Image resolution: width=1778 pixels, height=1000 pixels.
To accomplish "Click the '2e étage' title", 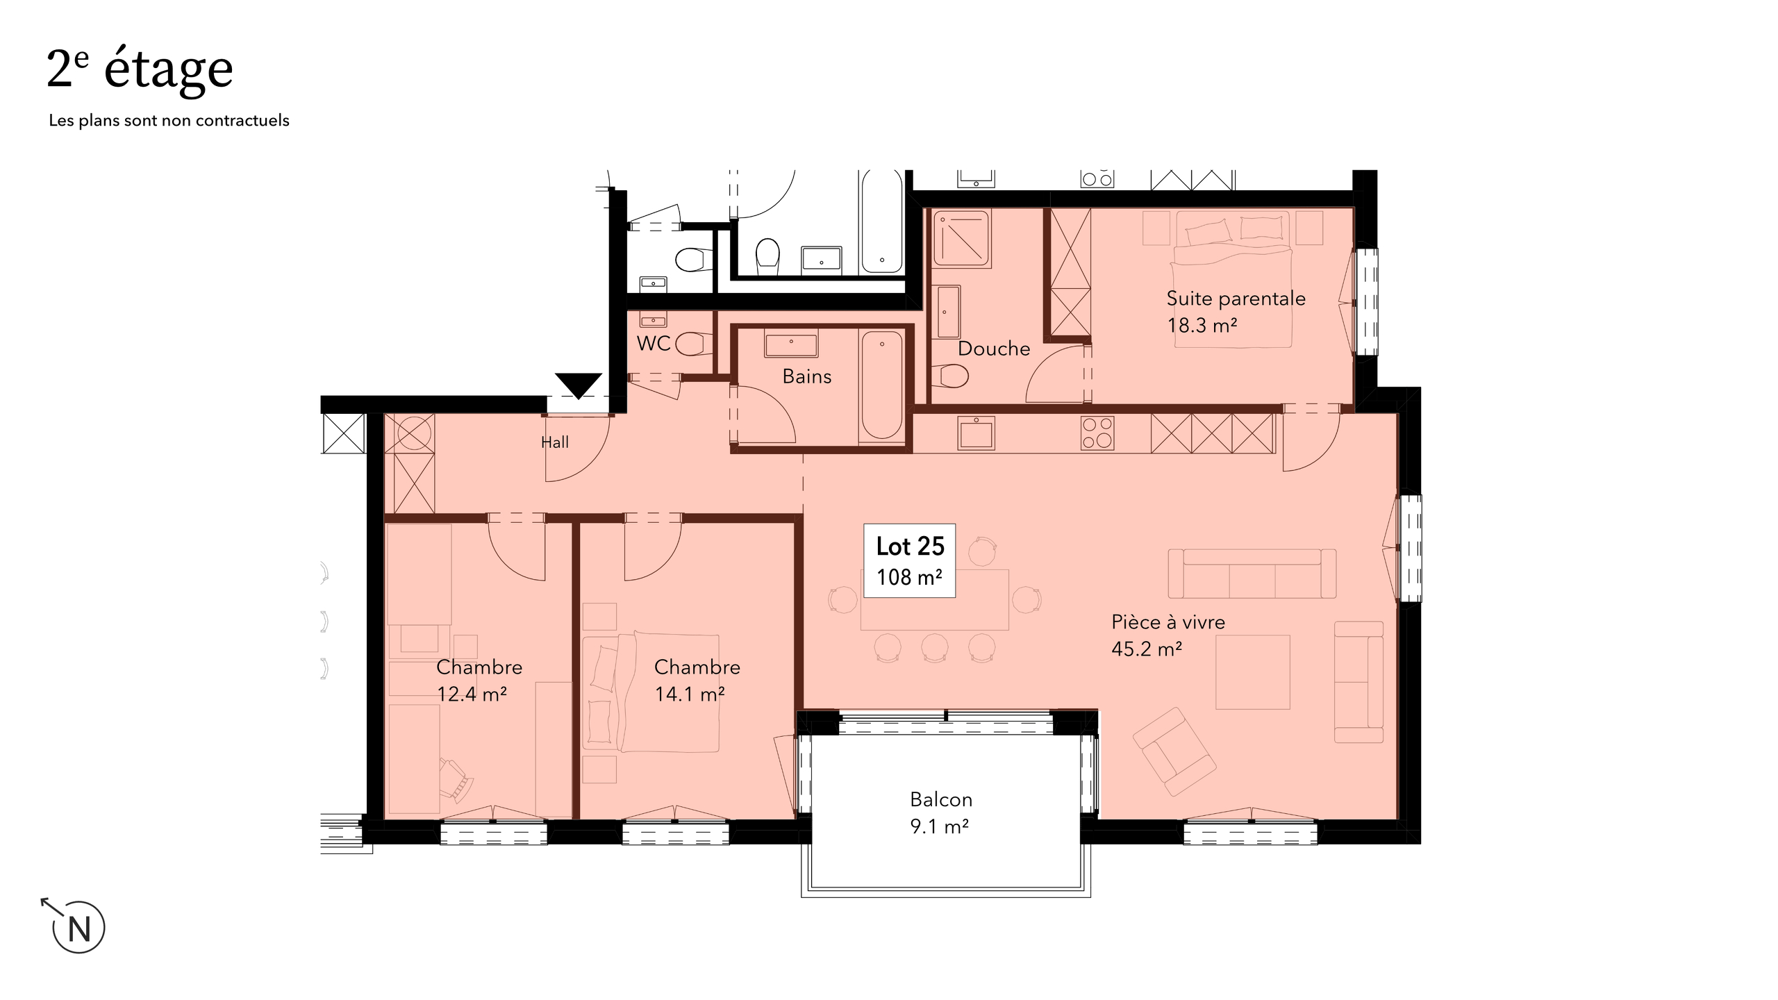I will click(x=140, y=69).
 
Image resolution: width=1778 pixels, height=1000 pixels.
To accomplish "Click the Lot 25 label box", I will click(x=909, y=560).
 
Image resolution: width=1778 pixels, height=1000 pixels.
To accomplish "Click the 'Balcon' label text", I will click(x=940, y=800).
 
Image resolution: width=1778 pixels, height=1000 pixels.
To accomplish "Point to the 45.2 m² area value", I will click(x=1147, y=649).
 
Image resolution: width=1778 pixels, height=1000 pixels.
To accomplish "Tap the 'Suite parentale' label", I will click(x=1236, y=299).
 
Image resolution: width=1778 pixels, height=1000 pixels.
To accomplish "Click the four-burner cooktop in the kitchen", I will click(x=1097, y=433).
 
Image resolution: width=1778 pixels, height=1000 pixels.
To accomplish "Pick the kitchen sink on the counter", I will click(x=976, y=433).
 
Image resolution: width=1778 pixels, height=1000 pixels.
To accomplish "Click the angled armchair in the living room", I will click(x=1174, y=751).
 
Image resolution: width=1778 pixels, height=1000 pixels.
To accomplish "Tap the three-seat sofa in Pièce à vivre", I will click(x=1252, y=573).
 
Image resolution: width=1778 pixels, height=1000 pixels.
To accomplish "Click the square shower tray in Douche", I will click(x=961, y=238).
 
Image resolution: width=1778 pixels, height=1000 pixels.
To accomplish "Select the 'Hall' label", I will click(x=554, y=442).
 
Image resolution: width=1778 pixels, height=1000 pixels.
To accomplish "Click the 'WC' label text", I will click(x=653, y=344).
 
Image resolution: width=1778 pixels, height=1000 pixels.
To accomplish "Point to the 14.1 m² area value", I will click(x=690, y=694).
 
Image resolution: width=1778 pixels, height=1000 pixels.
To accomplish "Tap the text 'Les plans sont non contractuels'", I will click(x=169, y=121).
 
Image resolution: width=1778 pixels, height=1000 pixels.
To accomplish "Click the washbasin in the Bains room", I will click(x=790, y=344).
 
